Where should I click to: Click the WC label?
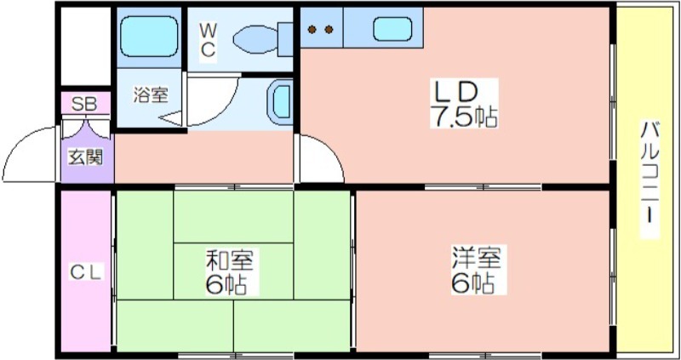point(208,40)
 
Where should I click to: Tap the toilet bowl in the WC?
point(255,40)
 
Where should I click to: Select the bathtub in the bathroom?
point(149,37)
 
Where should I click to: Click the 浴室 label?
point(151,95)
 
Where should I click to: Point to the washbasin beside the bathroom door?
point(279,102)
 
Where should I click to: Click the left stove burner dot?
point(312,30)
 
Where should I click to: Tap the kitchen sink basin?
point(392,29)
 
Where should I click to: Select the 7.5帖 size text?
point(463,117)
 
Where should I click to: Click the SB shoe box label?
point(84,104)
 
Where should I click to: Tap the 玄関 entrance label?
point(86,157)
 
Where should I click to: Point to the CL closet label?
point(86,272)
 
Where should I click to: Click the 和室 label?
point(229,260)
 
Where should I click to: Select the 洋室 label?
point(476,258)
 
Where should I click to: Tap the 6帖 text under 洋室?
point(472,283)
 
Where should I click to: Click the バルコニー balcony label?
point(650,179)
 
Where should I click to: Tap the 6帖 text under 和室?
point(226,284)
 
